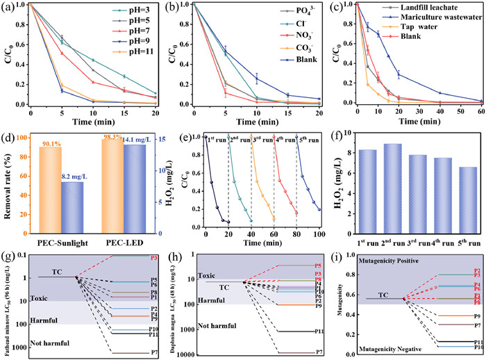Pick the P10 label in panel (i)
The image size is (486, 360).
(479, 347)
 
